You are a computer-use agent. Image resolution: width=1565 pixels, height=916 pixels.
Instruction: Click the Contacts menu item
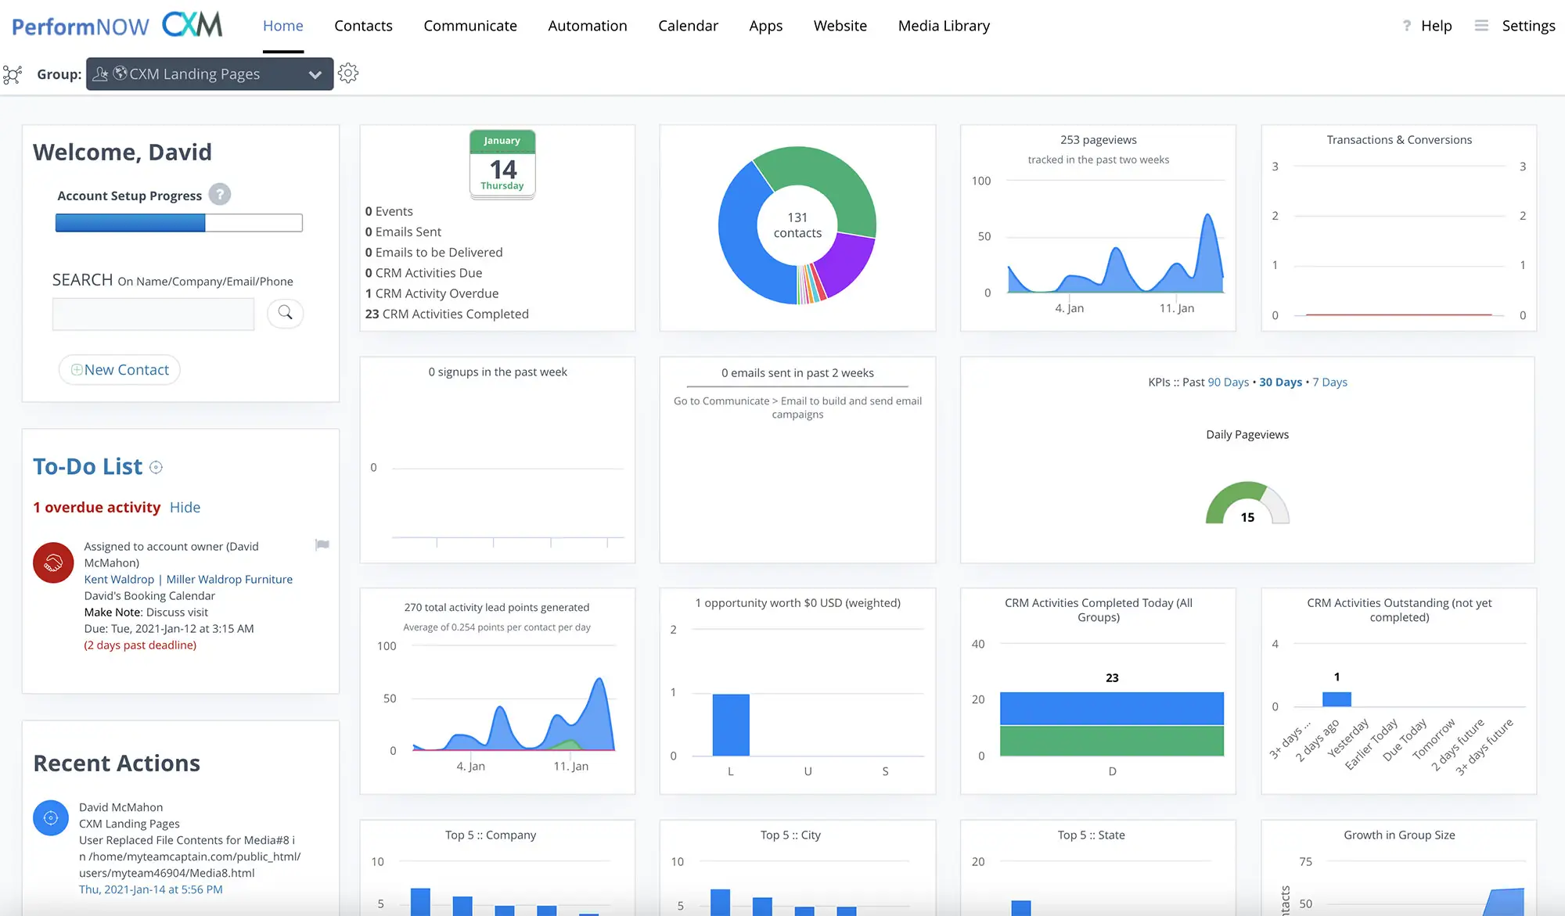tap(363, 26)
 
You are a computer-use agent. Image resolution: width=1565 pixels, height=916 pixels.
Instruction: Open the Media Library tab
tap(944, 26)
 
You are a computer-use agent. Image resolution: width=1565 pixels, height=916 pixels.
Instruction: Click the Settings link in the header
tap(1528, 26)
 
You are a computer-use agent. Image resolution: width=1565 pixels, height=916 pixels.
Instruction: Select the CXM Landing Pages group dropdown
tap(210, 74)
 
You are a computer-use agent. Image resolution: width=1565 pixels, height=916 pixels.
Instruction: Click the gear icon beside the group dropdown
tap(348, 74)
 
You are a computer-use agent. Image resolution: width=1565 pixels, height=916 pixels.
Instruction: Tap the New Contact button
tap(120, 370)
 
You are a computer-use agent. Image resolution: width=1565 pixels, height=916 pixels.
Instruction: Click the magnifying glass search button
tap(286, 313)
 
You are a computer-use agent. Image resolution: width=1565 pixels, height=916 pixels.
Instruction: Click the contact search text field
tap(153, 314)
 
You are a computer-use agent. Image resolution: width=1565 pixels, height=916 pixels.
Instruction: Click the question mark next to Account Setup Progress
tap(220, 195)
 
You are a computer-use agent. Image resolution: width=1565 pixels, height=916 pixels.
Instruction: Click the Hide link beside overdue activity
tap(185, 508)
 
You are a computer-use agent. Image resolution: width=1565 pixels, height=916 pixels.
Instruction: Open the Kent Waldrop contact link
tap(119, 580)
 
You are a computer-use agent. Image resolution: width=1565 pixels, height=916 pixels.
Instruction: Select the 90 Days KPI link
tap(1229, 383)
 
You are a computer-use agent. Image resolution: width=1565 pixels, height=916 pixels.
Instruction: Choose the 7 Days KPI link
tap(1329, 383)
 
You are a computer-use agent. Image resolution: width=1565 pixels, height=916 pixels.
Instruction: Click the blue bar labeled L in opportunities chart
tap(731, 724)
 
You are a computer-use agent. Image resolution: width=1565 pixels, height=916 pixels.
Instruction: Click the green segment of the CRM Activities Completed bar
tap(1111, 741)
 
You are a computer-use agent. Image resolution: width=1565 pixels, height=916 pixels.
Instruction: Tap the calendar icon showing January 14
tap(502, 164)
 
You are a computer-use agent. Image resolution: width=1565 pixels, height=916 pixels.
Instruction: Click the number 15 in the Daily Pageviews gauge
tap(1247, 517)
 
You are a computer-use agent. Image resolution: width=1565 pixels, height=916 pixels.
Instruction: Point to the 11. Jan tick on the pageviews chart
tap(1176, 308)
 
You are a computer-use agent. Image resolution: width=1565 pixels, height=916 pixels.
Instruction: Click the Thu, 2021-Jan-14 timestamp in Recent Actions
tap(151, 889)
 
